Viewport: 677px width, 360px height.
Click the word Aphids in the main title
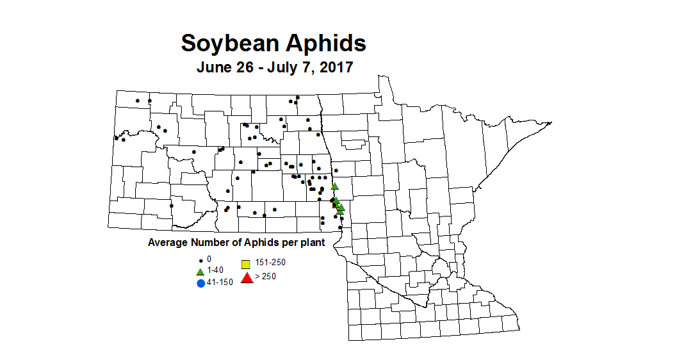pyautogui.click(x=325, y=44)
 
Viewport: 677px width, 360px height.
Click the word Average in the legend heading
pyautogui.click(x=167, y=243)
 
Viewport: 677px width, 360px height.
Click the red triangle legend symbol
pyautogui.click(x=246, y=277)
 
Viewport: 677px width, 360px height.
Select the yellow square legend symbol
pyautogui.click(x=245, y=264)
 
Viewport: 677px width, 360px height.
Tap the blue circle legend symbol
pyautogui.click(x=200, y=283)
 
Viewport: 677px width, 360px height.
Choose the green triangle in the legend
pyautogui.click(x=200, y=271)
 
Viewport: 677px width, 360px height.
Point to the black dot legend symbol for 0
pyautogui.click(x=200, y=260)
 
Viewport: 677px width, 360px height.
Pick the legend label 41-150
pyautogui.click(x=220, y=282)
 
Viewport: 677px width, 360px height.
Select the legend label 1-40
pyautogui.click(x=215, y=270)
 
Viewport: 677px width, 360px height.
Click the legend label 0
pyautogui.click(x=209, y=258)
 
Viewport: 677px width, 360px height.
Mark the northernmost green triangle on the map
pyautogui.click(x=334, y=186)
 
